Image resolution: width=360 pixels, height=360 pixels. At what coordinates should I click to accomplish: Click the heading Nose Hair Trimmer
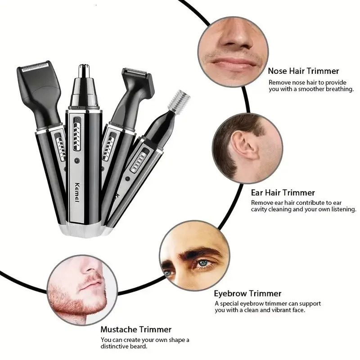click(x=303, y=71)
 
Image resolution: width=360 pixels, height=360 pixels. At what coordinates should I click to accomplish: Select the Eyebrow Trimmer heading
click(x=247, y=294)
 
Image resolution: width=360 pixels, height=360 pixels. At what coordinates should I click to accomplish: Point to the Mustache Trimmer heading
click(x=136, y=329)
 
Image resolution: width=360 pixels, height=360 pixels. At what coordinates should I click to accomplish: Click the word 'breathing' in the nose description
click(x=337, y=89)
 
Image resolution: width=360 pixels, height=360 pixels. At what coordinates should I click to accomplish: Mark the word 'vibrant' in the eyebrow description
click(x=270, y=310)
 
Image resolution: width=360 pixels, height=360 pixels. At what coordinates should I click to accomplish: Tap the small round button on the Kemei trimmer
click(x=77, y=161)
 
